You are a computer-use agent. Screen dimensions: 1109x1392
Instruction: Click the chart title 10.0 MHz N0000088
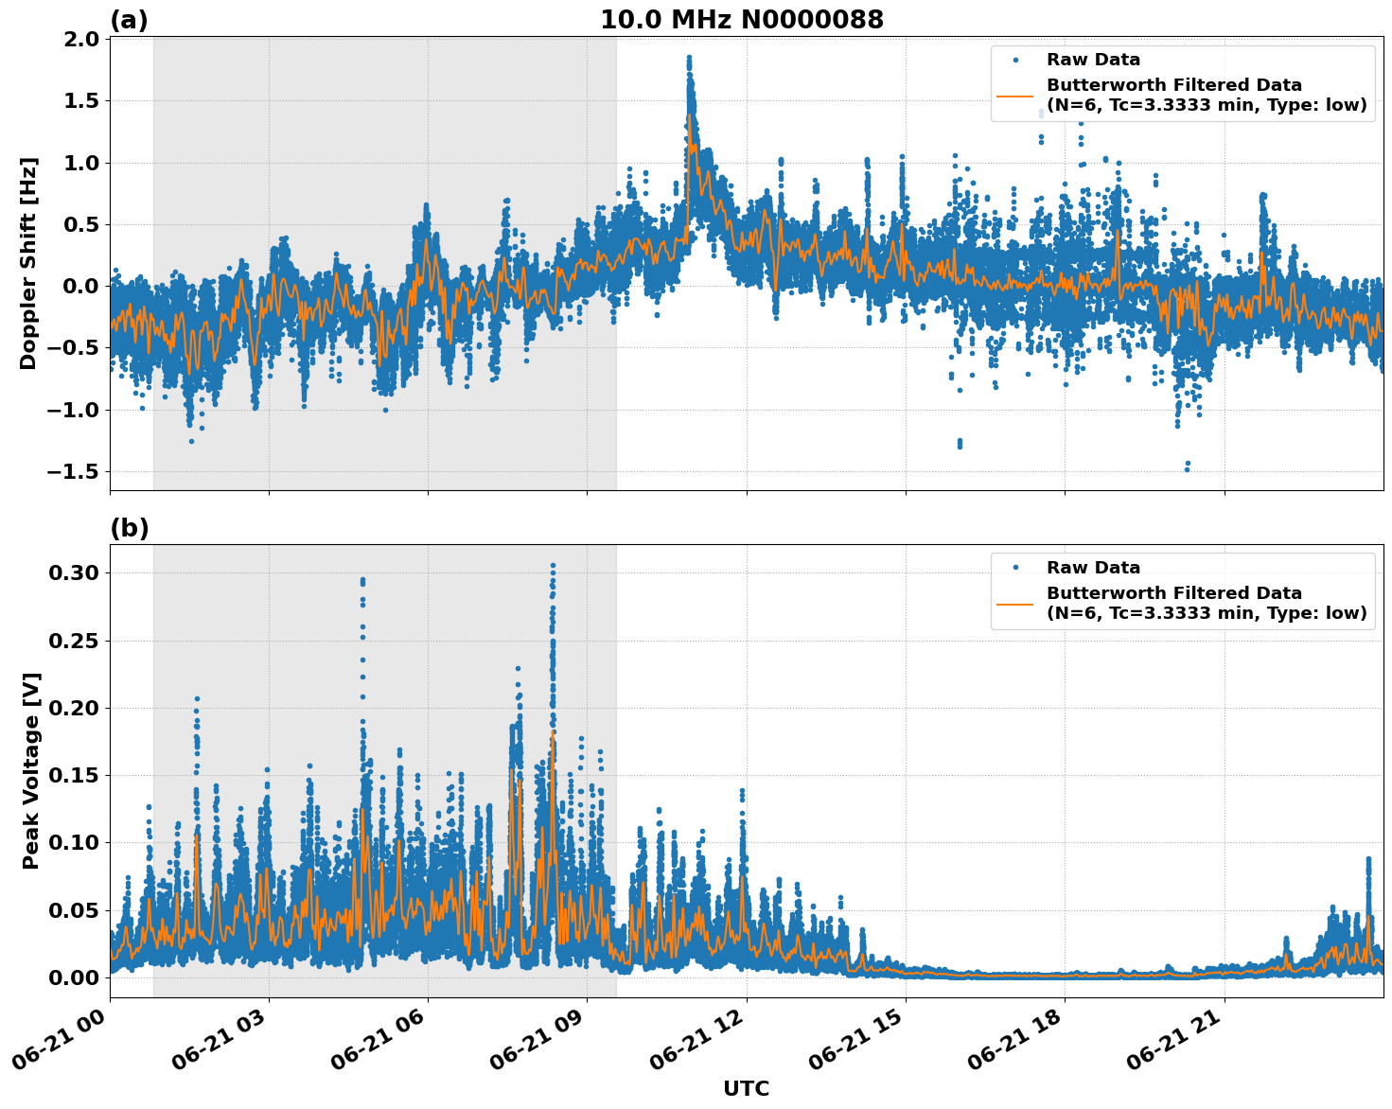point(742,20)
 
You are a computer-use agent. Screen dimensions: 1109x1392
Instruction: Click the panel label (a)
point(129,20)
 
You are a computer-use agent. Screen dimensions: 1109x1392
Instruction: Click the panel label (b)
point(130,528)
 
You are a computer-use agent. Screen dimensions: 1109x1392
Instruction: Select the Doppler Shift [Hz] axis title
point(28,263)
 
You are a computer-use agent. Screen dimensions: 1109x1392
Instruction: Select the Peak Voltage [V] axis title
point(31,771)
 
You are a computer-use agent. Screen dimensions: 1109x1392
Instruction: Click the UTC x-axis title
point(746,1088)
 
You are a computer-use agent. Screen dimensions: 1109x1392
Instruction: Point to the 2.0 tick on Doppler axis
point(80,39)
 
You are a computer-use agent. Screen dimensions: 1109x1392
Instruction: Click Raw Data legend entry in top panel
point(1093,60)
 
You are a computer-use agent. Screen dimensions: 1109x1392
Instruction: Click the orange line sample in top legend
point(1014,96)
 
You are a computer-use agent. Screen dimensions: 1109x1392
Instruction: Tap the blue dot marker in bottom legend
point(1014,568)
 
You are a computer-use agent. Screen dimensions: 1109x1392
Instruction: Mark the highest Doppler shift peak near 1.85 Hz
point(689,58)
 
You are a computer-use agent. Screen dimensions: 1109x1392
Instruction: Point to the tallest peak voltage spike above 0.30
point(553,566)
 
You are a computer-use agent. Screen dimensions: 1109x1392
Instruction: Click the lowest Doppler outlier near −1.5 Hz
point(1187,469)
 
